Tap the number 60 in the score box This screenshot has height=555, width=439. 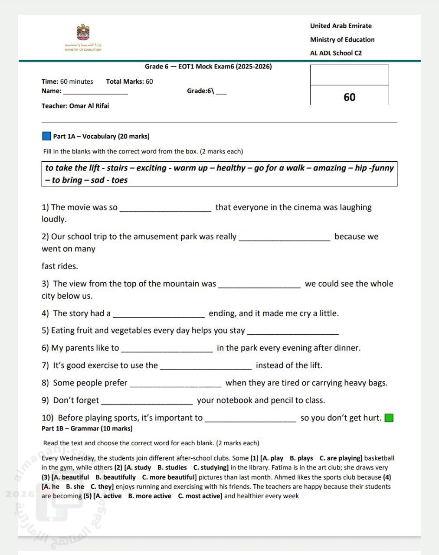click(349, 97)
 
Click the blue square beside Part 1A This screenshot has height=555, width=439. click(46, 136)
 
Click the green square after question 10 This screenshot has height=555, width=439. click(389, 418)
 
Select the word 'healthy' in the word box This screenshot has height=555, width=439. click(231, 168)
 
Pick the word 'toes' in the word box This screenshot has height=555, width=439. click(119, 180)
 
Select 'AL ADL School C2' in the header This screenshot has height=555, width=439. click(336, 53)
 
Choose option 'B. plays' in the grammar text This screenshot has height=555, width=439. click(301, 458)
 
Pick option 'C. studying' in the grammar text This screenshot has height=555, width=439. click(210, 468)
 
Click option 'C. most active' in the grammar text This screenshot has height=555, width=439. click(200, 496)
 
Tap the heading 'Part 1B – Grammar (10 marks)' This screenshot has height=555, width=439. click(87, 428)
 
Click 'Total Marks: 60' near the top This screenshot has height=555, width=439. click(129, 82)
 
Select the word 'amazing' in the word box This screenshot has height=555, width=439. click(329, 168)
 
